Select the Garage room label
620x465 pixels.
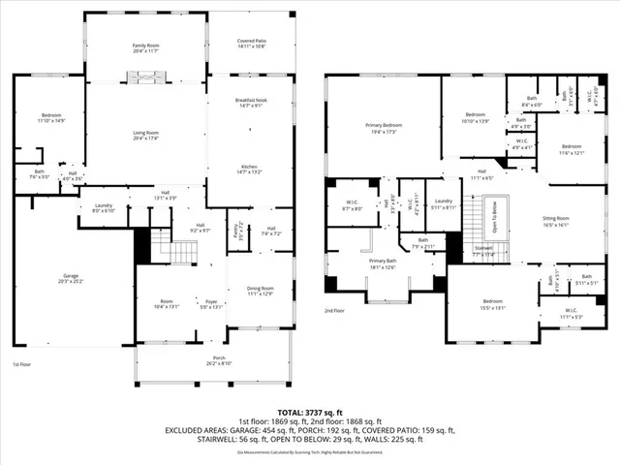(66, 279)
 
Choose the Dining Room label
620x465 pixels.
(261, 290)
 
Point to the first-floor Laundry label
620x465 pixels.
(102, 207)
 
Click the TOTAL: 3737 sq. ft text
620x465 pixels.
(309, 412)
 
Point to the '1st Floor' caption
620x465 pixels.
(23, 364)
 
